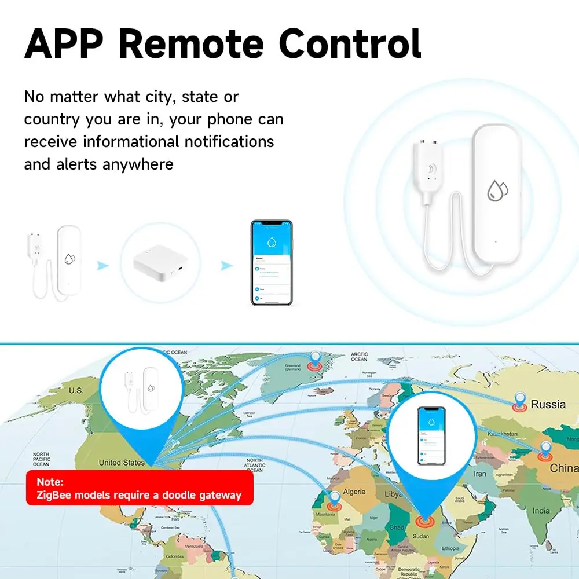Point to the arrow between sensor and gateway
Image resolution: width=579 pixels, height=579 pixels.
(x=102, y=265)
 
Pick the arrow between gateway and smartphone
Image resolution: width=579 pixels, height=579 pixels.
(x=226, y=265)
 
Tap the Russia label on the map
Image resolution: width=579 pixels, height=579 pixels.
(x=548, y=404)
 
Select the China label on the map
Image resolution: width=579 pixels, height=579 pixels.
(x=563, y=467)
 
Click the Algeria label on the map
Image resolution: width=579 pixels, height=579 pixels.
(x=354, y=492)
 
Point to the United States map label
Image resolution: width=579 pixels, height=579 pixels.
(x=122, y=462)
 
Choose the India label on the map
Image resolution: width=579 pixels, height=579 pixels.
(x=541, y=511)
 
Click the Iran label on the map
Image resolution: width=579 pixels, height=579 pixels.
(x=480, y=474)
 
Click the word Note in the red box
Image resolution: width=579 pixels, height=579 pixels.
(x=50, y=481)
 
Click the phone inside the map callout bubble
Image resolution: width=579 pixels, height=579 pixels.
(x=431, y=436)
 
